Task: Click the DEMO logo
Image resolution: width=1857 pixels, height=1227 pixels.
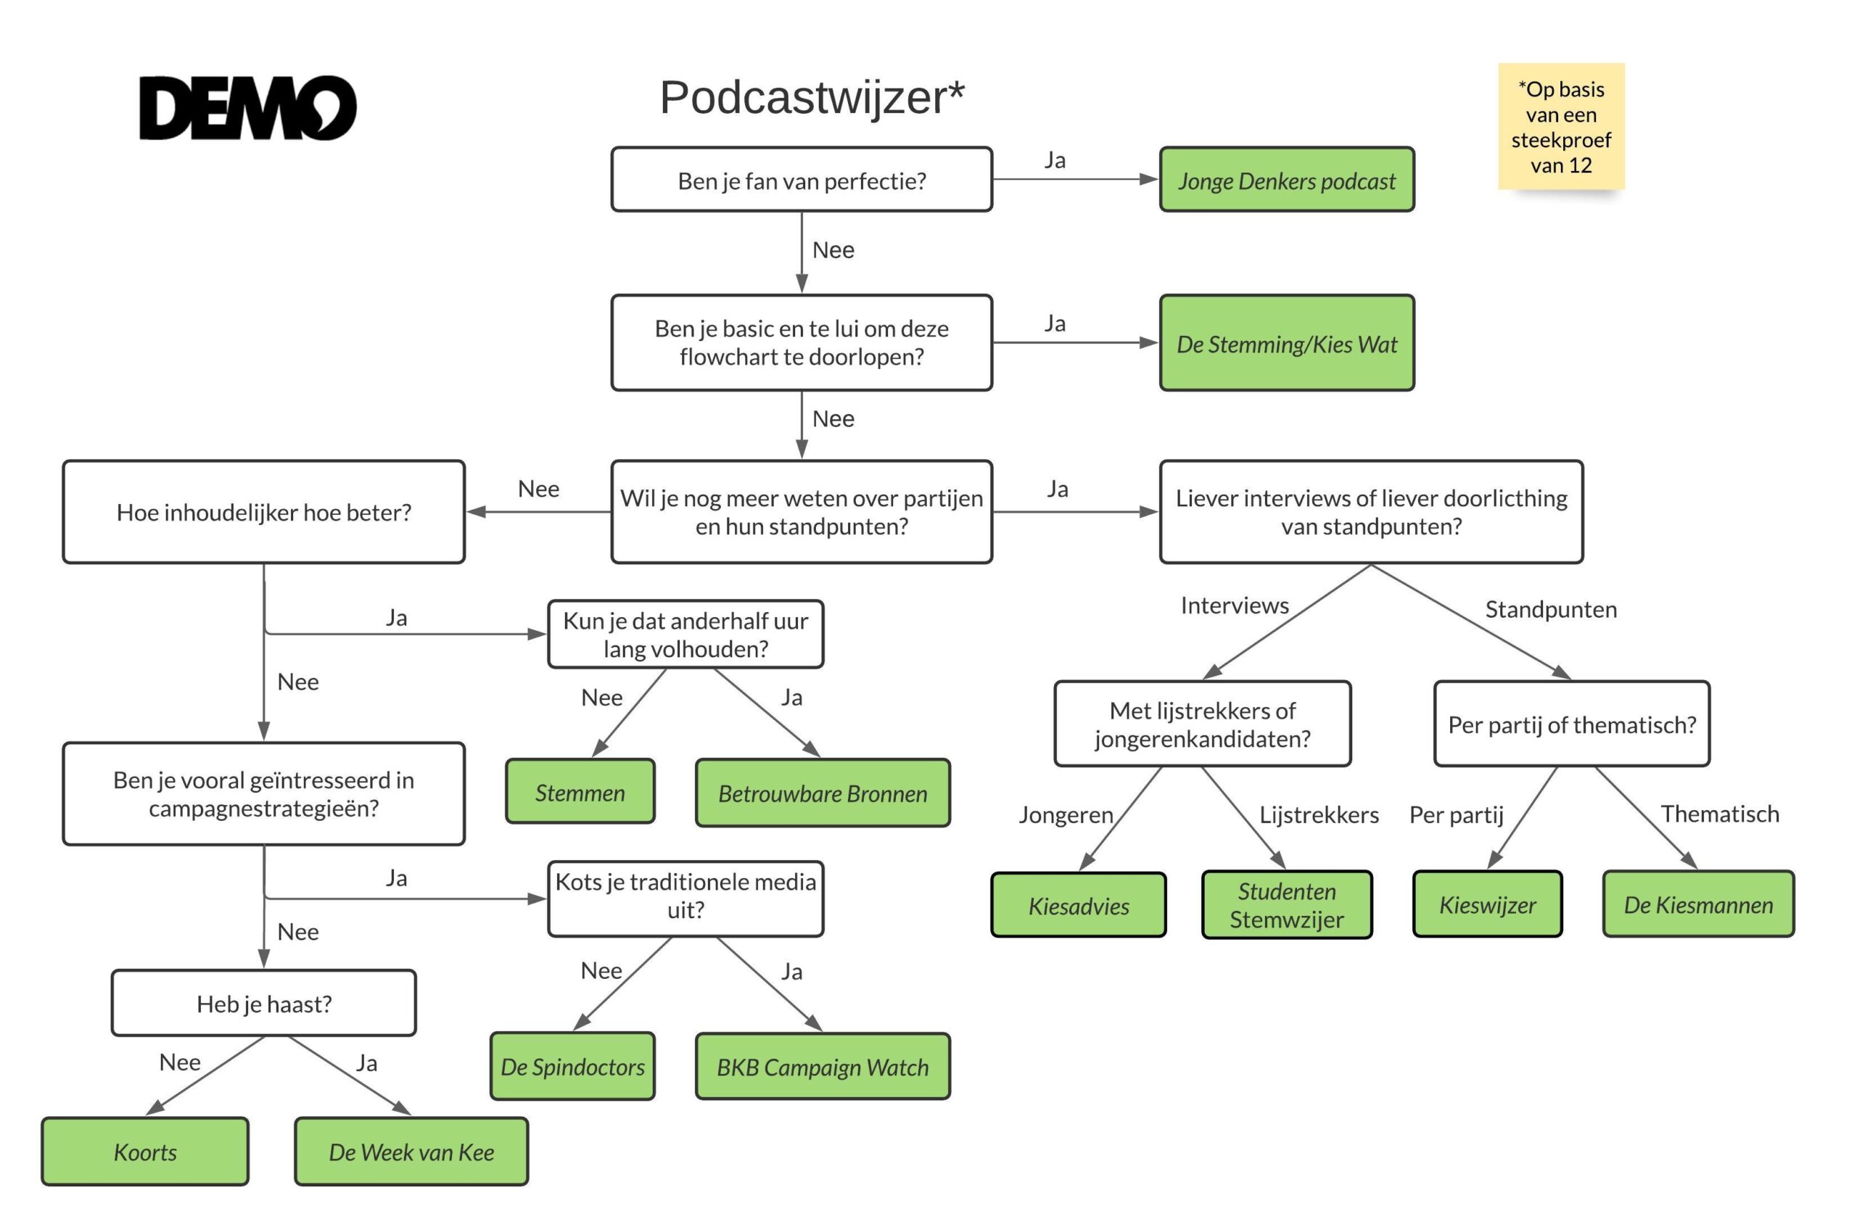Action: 247,108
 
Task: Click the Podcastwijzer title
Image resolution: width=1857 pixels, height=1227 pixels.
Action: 812,98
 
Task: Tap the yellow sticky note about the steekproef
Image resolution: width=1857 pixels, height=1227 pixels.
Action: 1560,126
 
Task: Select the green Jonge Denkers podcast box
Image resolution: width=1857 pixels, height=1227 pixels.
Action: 1287,180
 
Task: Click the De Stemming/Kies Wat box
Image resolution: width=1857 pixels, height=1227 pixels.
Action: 1287,343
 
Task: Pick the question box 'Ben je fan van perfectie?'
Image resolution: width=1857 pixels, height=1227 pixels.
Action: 802,180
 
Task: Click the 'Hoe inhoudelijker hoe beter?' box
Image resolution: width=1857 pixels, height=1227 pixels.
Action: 264,512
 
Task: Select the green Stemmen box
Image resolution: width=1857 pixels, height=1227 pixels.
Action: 580,792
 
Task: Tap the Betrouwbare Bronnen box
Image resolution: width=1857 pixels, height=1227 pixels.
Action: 823,793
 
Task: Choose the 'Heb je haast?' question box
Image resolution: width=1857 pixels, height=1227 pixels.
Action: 264,1003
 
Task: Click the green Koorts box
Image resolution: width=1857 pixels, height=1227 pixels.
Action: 145,1151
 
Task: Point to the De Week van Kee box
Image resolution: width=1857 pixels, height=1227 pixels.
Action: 411,1151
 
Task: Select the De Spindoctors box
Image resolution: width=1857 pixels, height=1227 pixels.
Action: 572,1066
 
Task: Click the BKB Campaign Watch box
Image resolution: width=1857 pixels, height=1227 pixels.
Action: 823,1067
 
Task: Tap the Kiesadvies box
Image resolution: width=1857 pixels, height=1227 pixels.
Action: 1079,905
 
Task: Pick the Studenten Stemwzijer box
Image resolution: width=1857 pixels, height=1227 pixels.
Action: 1287,904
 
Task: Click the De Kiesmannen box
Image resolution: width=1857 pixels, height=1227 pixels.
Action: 1698,904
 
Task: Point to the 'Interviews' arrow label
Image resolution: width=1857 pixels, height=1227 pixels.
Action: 1234,605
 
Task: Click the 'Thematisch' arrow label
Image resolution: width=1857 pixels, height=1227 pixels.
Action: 1719,814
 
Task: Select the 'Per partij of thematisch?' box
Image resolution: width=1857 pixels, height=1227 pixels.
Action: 1571,724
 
